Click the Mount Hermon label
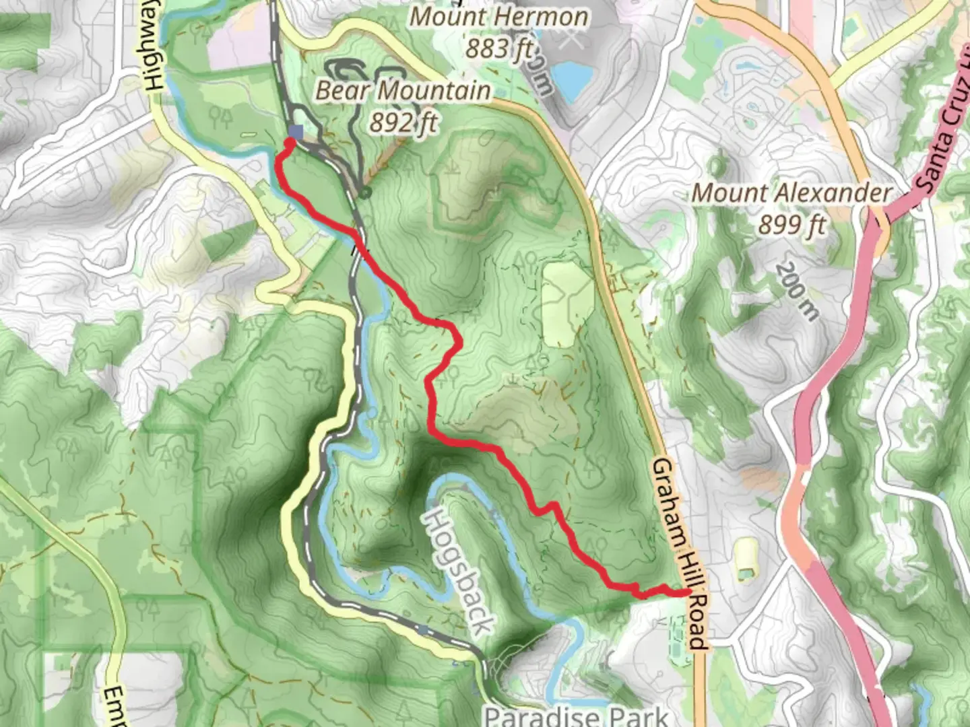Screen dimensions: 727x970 coord(499,17)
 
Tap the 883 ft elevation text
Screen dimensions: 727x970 coord(499,48)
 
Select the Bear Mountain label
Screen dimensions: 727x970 coord(403,90)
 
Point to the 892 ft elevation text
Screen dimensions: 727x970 coord(403,121)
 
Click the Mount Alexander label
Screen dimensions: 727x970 coord(792,193)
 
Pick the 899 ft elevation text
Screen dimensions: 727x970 coord(792,224)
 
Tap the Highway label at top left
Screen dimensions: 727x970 coord(154,47)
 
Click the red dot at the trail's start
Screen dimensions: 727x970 coord(291,143)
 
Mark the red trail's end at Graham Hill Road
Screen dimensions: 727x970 coord(687,592)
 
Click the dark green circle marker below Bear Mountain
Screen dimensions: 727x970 coord(365,194)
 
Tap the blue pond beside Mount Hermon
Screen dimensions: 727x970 coord(571,77)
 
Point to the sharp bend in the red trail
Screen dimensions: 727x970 coord(459,343)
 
